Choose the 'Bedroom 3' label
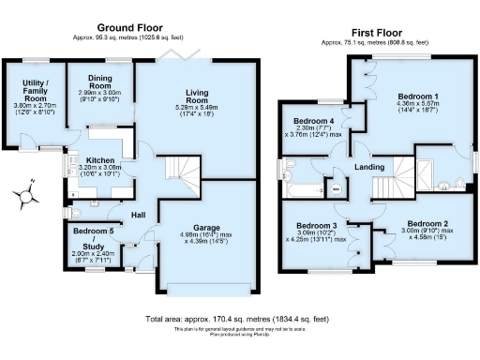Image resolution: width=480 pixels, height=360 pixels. [x=315, y=227]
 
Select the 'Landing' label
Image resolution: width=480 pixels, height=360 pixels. [x=369, y=168]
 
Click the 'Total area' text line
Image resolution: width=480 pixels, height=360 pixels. [x=239, y=319]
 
